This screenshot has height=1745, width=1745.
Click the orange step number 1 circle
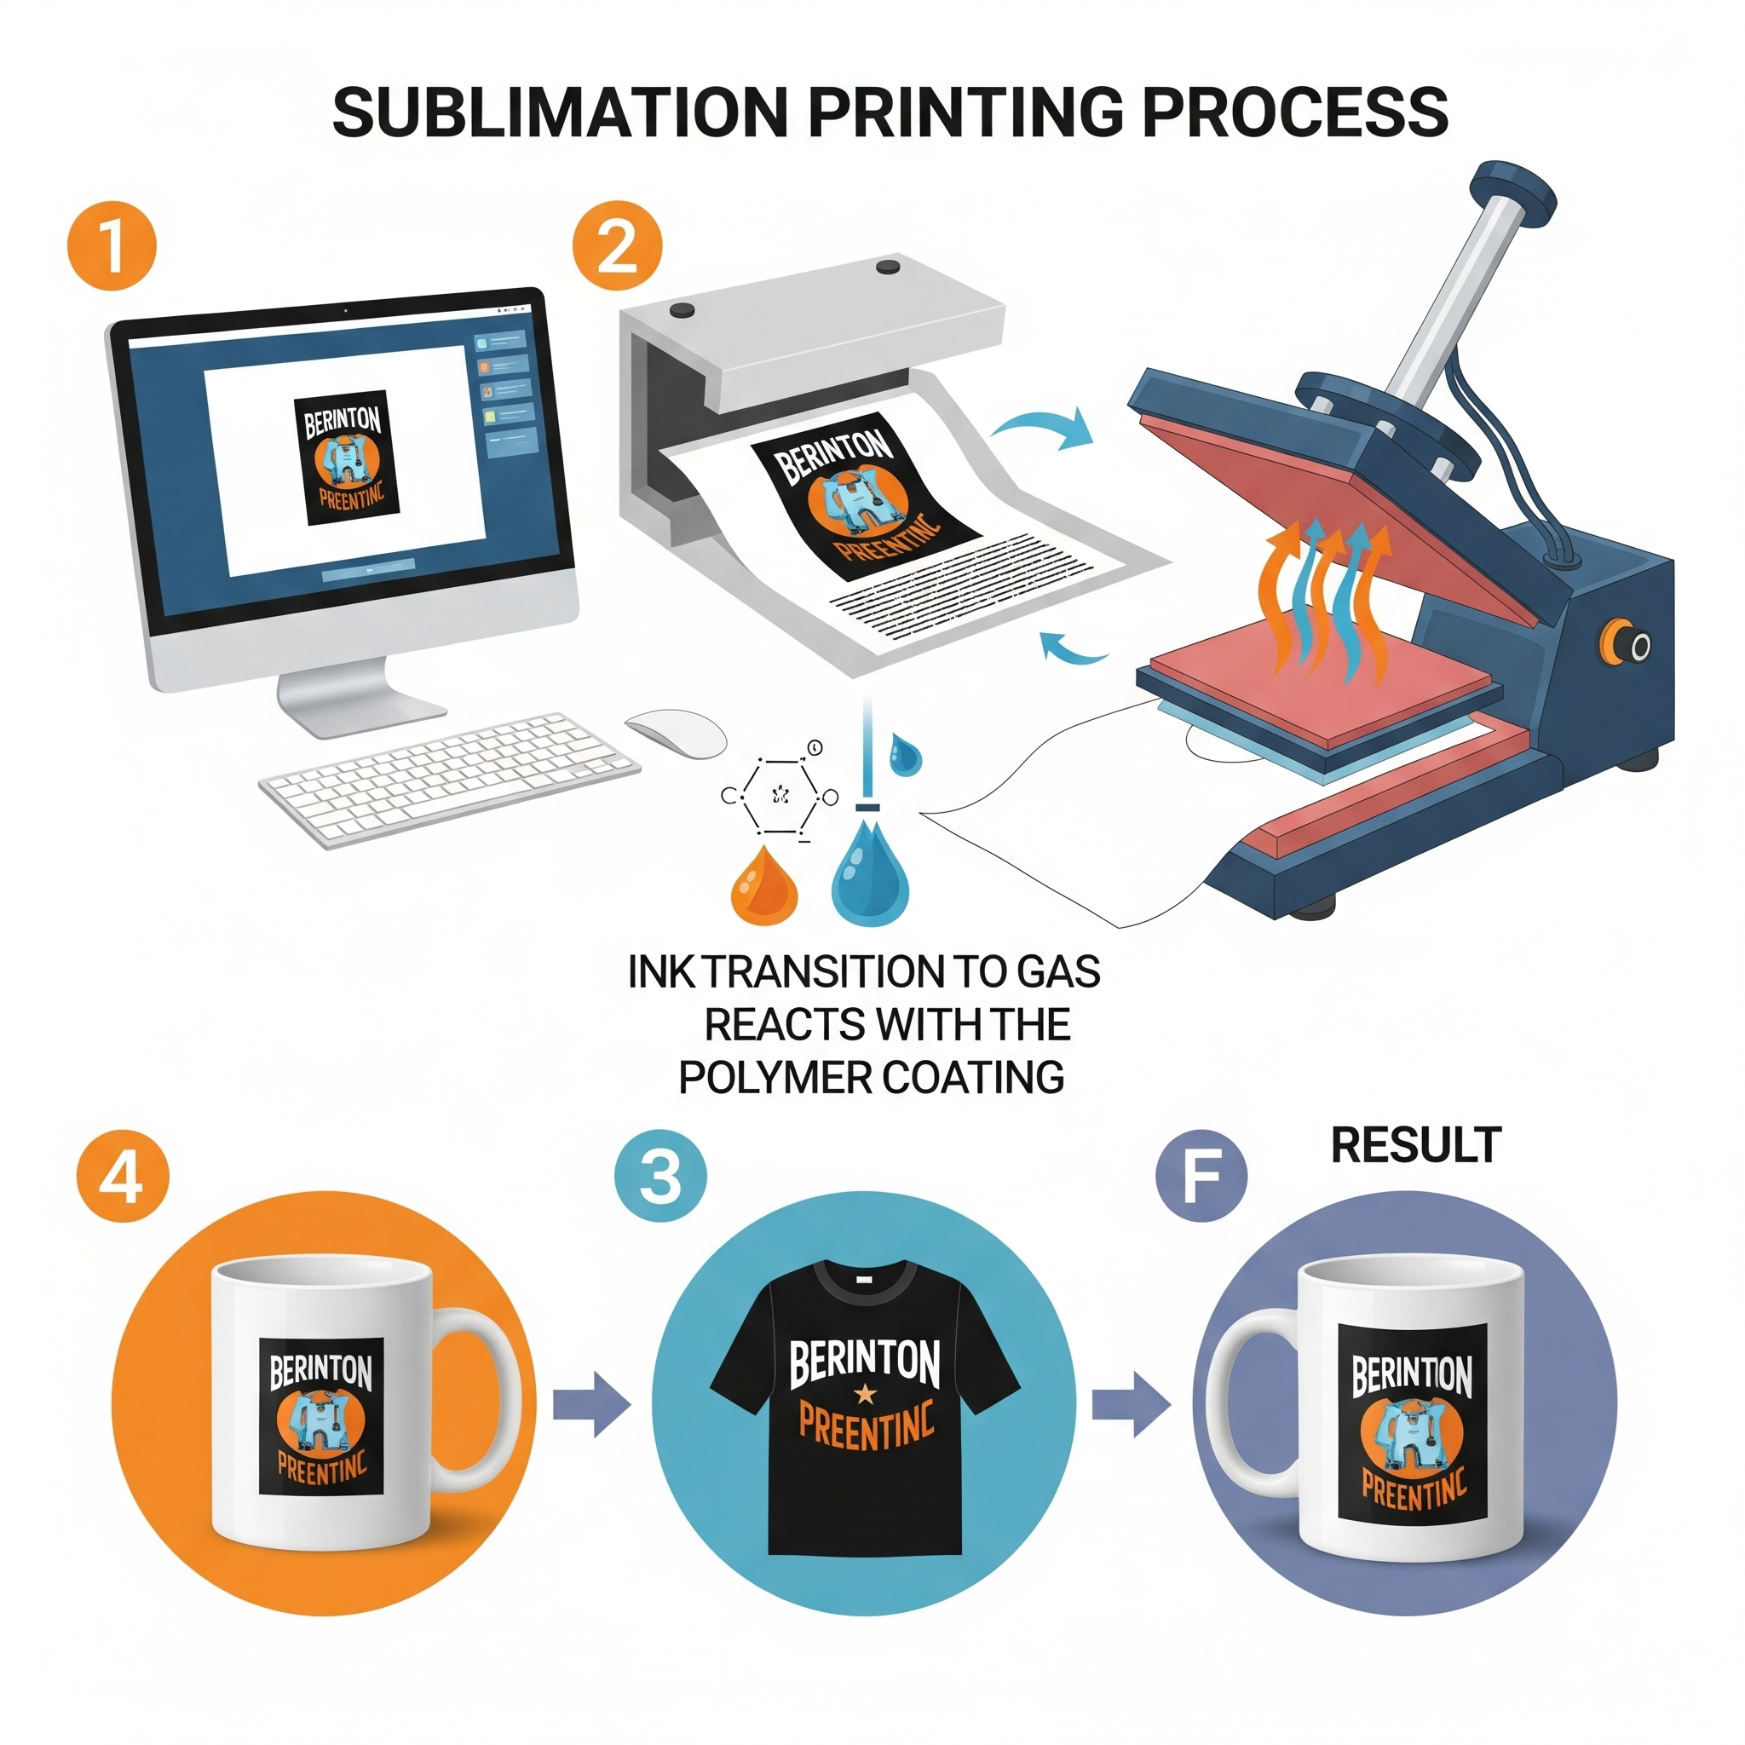pyautogui.click(x=112, y=245)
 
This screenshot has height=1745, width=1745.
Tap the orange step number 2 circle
pyautogui.click(x=617, y=245)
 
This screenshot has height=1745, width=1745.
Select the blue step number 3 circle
pyautogui.click(x=660, y=1177)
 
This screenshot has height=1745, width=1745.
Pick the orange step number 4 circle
pyautogui.click(x=123, y=1177)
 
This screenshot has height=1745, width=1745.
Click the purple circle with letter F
pyautogui.click(x=1201, y=1177)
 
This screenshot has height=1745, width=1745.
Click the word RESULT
pyautogui.click(x=1415, y=1145)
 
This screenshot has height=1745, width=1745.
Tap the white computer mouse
pyautogui.click(x=676, y=733)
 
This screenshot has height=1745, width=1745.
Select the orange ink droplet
pyautogui.click(x=764, y=887)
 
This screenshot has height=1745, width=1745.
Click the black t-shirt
pyautogui.click(x=864, y=1409)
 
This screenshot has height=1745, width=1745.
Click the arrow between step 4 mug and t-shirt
pyautogui.click(x=590, y=1404)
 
